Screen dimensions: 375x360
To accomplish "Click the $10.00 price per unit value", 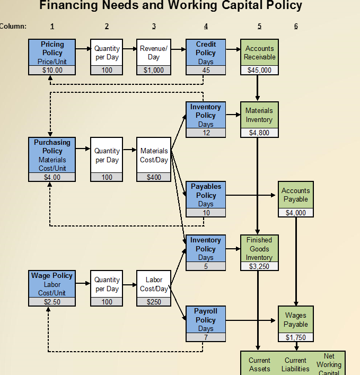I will coord(52,70).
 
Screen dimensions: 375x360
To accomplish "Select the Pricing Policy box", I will coord(52,53).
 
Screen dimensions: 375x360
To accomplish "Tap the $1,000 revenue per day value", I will coord(154,70).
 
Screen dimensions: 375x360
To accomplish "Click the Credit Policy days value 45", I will coord(206,70).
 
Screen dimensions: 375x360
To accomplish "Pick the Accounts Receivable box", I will coord(259,53).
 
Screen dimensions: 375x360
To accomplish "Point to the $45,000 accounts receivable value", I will coord(259,70).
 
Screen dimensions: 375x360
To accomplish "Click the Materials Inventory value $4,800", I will coord(259,133).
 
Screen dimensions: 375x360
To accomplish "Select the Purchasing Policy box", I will coord(52,155).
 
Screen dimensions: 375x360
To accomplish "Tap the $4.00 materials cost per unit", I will coord(52,177).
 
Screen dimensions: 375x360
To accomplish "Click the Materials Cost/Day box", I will coord(154,155).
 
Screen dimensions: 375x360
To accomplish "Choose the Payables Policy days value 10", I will coord(206,213).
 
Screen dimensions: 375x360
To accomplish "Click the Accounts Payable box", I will coord(295,195).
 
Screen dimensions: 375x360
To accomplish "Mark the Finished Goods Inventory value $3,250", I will coord(259,266).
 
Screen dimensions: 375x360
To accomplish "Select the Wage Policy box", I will coord(52,284).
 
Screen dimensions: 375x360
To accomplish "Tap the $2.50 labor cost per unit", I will coord(52,302).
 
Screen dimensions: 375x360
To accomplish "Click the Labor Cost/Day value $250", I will coord(154,302).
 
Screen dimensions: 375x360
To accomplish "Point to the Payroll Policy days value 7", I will coord(206,337).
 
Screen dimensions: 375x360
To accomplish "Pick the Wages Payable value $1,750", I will coord(295,337).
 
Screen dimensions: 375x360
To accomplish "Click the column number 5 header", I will coord(259,26).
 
